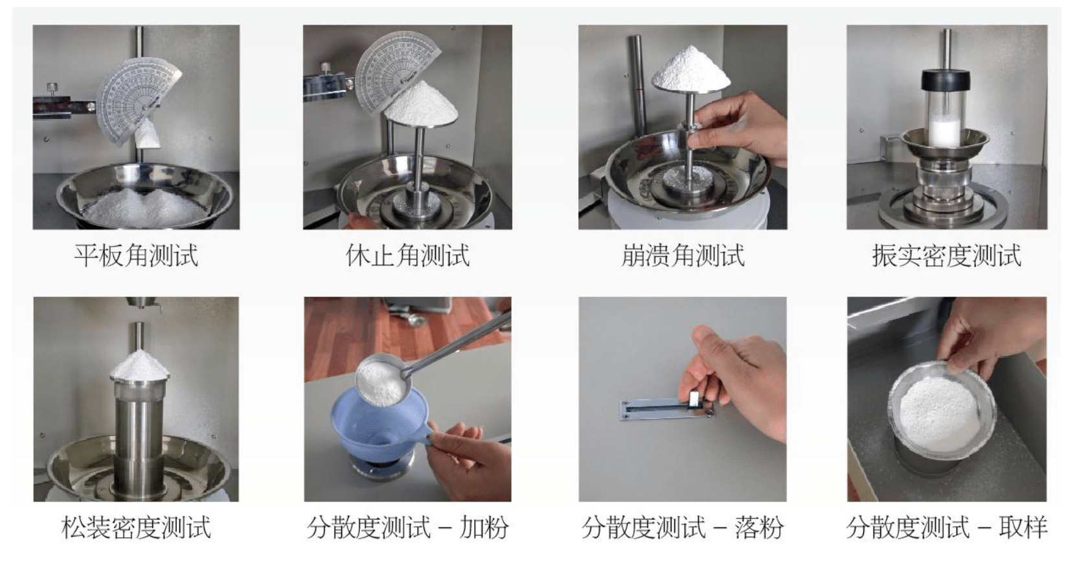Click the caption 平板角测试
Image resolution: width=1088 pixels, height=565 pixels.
136,255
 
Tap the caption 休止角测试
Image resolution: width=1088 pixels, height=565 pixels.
407,255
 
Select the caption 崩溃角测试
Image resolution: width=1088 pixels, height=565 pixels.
683,255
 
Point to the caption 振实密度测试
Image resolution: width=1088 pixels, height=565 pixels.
947,255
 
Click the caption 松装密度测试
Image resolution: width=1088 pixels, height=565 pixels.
136,527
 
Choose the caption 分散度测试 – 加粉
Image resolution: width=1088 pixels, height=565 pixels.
407,527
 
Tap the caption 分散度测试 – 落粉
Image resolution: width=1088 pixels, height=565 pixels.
683,527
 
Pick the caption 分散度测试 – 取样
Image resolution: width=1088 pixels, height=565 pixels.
947,527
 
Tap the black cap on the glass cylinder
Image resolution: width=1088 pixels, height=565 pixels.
946,80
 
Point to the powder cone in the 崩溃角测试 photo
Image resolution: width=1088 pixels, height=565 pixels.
690,68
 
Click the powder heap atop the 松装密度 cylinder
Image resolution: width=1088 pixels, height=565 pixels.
139,364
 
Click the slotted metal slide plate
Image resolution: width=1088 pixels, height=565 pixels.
668,409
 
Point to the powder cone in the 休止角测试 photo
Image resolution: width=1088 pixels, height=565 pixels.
421,105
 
